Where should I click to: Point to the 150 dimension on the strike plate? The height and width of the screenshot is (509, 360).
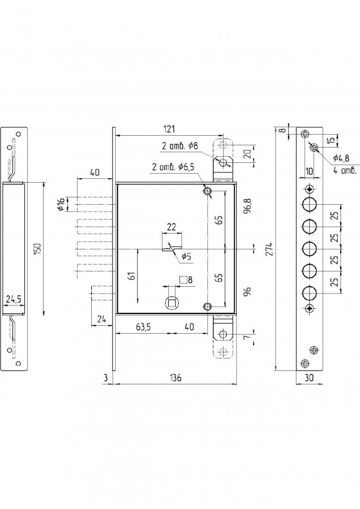tap(37, 249)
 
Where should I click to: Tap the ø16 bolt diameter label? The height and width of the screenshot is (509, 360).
tap(61, 204)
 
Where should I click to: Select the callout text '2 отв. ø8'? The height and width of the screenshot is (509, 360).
tap(179, 146)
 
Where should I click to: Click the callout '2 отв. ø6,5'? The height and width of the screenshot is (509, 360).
tap(174, 167)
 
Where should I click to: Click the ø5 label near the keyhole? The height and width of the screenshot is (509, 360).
tap(186, 257)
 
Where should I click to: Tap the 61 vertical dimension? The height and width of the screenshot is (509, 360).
tap(131, 276)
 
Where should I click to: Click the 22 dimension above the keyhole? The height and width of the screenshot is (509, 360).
tap(171, 227)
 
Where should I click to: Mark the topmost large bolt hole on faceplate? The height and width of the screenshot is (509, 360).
tap(309, 204)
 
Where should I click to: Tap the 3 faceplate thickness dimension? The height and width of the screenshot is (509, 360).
tap(105, 378)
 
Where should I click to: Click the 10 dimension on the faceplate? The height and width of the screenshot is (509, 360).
tap(309, 171)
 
